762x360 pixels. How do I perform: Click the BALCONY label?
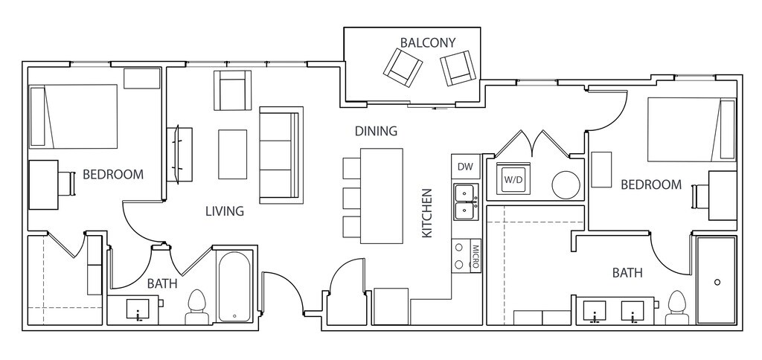coord(428,42)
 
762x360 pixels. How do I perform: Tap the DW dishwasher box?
coord(466,167)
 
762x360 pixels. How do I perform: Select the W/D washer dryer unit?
coord(512,179)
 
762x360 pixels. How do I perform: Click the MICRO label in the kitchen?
coord(476,256)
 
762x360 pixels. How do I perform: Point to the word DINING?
coord(376,131)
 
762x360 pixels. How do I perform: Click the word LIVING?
coord(225,211)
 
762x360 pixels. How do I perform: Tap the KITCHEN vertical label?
coord(426,213)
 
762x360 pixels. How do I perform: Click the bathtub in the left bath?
coord(234,286)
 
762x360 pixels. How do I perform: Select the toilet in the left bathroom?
coord(196,307)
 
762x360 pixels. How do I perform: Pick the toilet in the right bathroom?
coord(676,307)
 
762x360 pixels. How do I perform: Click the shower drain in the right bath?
coord(717,282)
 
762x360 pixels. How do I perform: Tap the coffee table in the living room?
coord(232,154)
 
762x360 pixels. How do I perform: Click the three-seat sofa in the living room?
coord(281,155)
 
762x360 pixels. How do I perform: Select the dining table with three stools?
coord(382,196)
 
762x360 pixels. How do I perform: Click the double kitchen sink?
coord(466,203)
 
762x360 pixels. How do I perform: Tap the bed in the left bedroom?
coord(74,116)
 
